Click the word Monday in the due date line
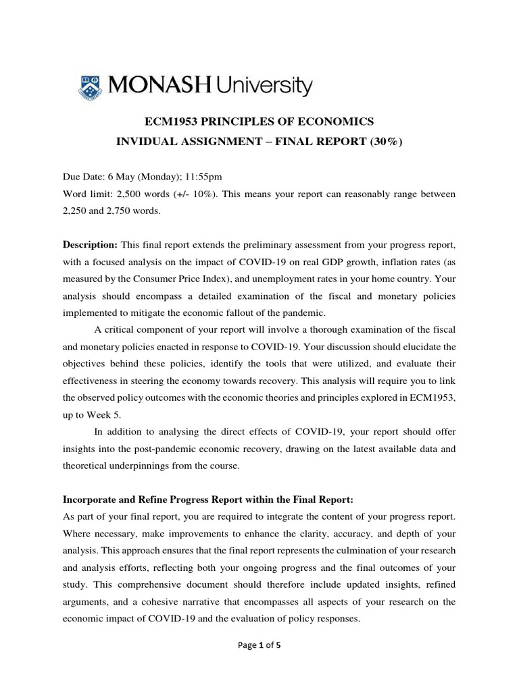[157, 177]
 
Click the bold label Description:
[91, 243]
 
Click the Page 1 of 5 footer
[259, 644]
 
